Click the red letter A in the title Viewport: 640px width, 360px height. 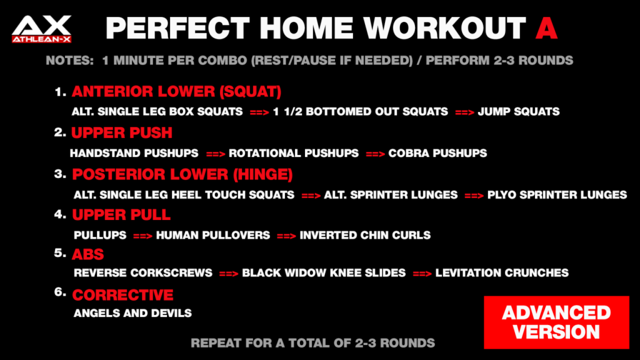pyautogui.click(x=546, y=28)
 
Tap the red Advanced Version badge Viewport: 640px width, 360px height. pyautogui.click(x=556, y=322)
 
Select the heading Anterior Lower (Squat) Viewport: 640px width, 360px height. pyautogui.click(x=176, y=92)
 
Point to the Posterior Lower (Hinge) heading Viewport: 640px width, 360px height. pyautogui.click(x=182, y=174)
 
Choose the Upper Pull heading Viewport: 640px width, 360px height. pyautogui.click(x=121, y=215)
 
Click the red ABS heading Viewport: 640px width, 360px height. pyautogui.click(x=88, y=255)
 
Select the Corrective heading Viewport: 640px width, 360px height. pyautogui.click(x=122, y=294)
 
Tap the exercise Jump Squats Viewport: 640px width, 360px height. pyautogui.click(x=518, y=112)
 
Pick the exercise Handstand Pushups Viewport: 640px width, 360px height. pyautogui.click(x=134, y=153)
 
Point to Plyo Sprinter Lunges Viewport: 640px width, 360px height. pyautogui.click(x=557, y=195)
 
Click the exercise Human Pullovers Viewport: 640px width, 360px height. pyautogui.click(x=213, y=236)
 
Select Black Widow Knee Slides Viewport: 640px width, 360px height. pyautogui.click(x=324, y=273)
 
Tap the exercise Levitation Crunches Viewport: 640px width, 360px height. pyautogui.click(x=502, y=273)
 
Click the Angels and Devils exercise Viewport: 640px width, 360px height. pyautogui.click(x=132, y=313)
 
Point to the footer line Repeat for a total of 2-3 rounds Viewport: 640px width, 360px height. pyautogui.click(x=312, y=343)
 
